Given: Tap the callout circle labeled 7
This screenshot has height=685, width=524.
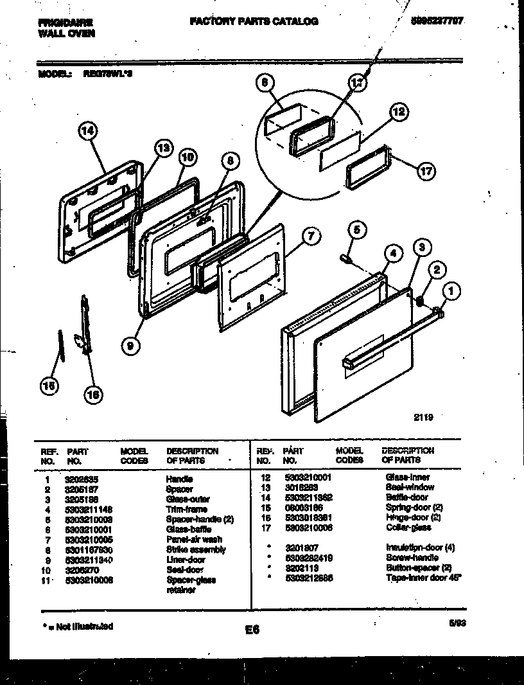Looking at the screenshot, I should pos(310,236).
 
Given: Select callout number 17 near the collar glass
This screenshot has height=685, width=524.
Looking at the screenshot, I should pos(425,171).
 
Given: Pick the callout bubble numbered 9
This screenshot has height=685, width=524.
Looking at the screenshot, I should pos(130,346).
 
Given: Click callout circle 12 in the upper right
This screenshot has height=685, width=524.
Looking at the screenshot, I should pos(398,112).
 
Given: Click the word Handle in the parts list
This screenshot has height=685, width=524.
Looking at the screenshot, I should pos(179,479).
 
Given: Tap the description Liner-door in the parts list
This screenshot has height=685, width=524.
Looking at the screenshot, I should pos(186,560).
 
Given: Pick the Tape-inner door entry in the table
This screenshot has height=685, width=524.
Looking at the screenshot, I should pos(423,578).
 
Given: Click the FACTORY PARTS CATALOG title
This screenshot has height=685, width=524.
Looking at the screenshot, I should pos(254,21).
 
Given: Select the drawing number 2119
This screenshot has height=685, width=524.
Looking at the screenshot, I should pos(423,416).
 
